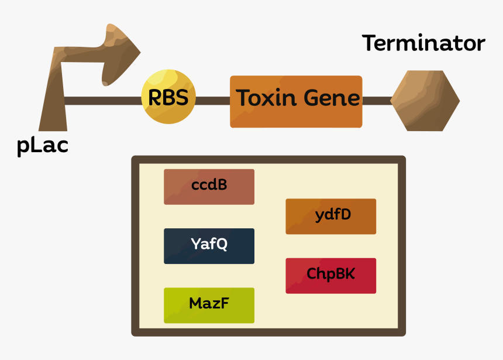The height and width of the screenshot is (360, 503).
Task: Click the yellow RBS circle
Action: (168, 97)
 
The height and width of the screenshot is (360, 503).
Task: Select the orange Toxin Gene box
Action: (296, 101)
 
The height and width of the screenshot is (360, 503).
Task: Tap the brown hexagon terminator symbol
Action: (425, 101)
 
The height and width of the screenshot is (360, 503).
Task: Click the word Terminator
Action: (423, 43)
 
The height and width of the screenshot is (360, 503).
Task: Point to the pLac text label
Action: (42, 145)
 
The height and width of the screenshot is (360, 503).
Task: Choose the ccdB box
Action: (209, 186)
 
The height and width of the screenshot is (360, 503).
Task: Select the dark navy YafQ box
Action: (209, 245)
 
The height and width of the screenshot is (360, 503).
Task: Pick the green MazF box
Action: (209, 304)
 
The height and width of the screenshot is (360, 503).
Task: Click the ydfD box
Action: (331, 215)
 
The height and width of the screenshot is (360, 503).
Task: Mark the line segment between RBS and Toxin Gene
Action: (212, 101)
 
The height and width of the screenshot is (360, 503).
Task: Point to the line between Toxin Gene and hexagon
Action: (377, 101)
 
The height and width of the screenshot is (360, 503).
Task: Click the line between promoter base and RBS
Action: (102, 101)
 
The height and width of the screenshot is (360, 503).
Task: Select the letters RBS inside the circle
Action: (168, 98)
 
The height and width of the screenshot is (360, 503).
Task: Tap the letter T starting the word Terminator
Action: (370, 43)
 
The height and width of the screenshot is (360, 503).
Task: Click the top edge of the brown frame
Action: (268, 159)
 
